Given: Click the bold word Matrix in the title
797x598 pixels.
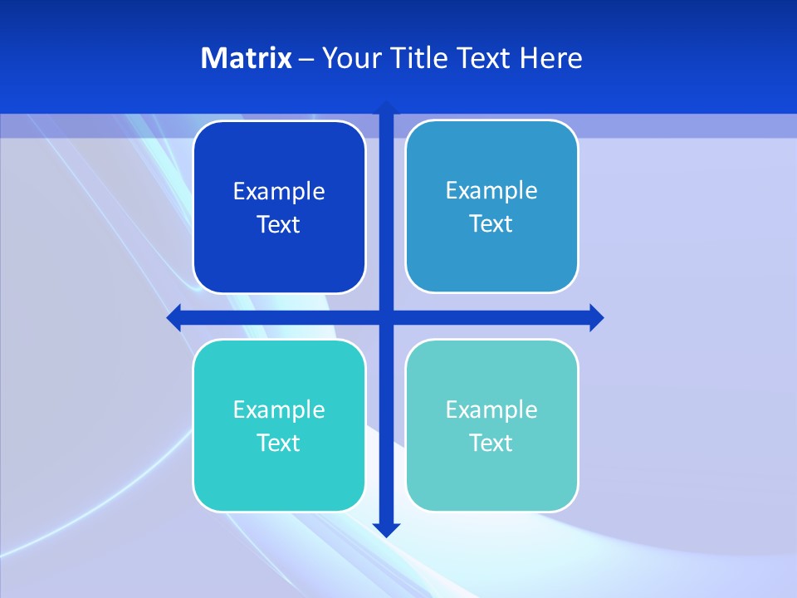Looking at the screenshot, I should tap(246, 58).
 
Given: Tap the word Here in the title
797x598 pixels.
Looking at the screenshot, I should tap(551, 58).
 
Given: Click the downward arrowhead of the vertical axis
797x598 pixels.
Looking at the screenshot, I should tap(386, 529).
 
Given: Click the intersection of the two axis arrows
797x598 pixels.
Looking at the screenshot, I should tap(386, 317).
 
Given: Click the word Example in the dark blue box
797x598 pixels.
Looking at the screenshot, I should tap(279, 192).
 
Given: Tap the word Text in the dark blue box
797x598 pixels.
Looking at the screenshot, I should tap(279, 225).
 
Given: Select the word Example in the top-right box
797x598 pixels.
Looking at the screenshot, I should tap(491, 191).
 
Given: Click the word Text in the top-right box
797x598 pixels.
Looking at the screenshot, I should tap(491, 224).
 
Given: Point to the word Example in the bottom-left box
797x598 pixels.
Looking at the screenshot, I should tap(279, 410).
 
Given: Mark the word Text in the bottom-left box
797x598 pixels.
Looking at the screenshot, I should tap(279, 444).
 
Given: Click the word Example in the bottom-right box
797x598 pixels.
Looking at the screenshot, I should tap(491, 410).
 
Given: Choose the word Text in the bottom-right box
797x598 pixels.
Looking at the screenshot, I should tap(491, 444).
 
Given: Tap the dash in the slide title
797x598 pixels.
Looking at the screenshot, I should tap(306, 59).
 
